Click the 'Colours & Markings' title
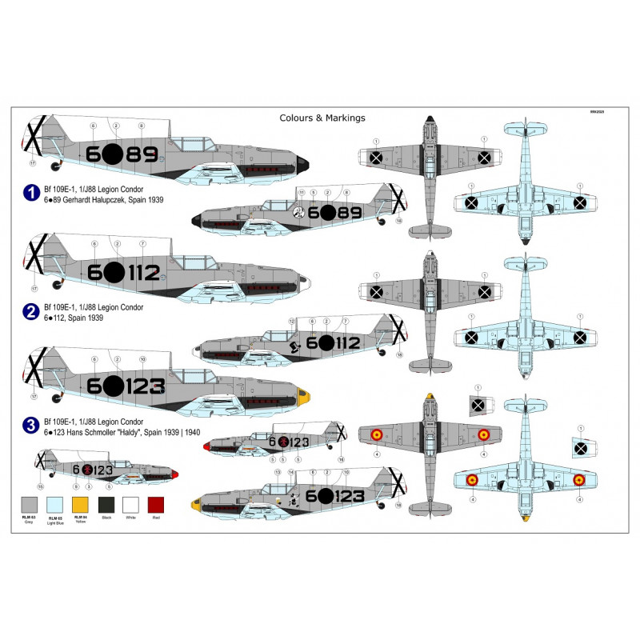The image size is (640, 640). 322,118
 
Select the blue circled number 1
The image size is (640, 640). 30,192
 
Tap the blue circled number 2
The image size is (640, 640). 30,311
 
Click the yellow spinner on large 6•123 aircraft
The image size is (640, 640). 303,395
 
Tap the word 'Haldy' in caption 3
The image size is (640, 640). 159,432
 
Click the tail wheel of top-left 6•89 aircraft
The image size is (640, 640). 55,167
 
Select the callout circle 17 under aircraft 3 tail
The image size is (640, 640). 33,397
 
